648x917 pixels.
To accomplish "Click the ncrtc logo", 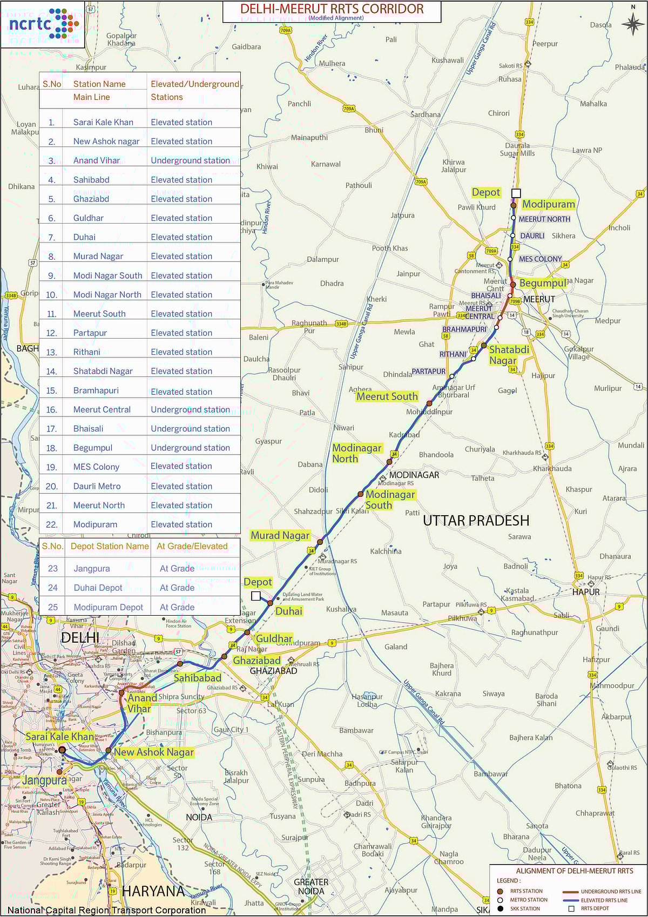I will click(x=43, y=23).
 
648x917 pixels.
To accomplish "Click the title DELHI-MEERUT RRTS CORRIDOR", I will click(x=332, y=9).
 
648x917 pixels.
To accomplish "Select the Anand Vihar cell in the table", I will click(x=97, y=160).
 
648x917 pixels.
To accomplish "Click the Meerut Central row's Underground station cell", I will click(x=190, y=409).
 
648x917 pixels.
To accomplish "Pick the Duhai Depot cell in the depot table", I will click(x=98, y=588).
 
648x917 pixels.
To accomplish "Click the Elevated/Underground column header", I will click(x=194, y=84).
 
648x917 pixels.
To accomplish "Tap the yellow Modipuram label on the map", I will click(x=548, y=204).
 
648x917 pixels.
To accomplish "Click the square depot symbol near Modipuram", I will click(x=516, y=193).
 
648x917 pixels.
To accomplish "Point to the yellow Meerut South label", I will click(x=387, y=396).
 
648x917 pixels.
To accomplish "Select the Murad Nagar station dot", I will click(x=320, y=542).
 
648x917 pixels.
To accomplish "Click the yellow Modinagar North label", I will click(x=356, y=453).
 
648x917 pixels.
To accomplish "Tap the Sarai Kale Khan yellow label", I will click(x=59, y=737).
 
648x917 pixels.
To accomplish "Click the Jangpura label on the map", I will click(x=44, y=780).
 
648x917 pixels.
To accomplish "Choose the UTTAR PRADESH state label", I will click(x=476, y=521).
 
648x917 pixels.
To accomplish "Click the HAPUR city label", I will click(x=586, y=592).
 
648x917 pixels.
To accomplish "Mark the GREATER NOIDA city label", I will click(x=311, y=886).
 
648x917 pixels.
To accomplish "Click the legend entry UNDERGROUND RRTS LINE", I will click(x=611, y=892).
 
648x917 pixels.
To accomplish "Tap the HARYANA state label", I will click(x=153, y=891).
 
